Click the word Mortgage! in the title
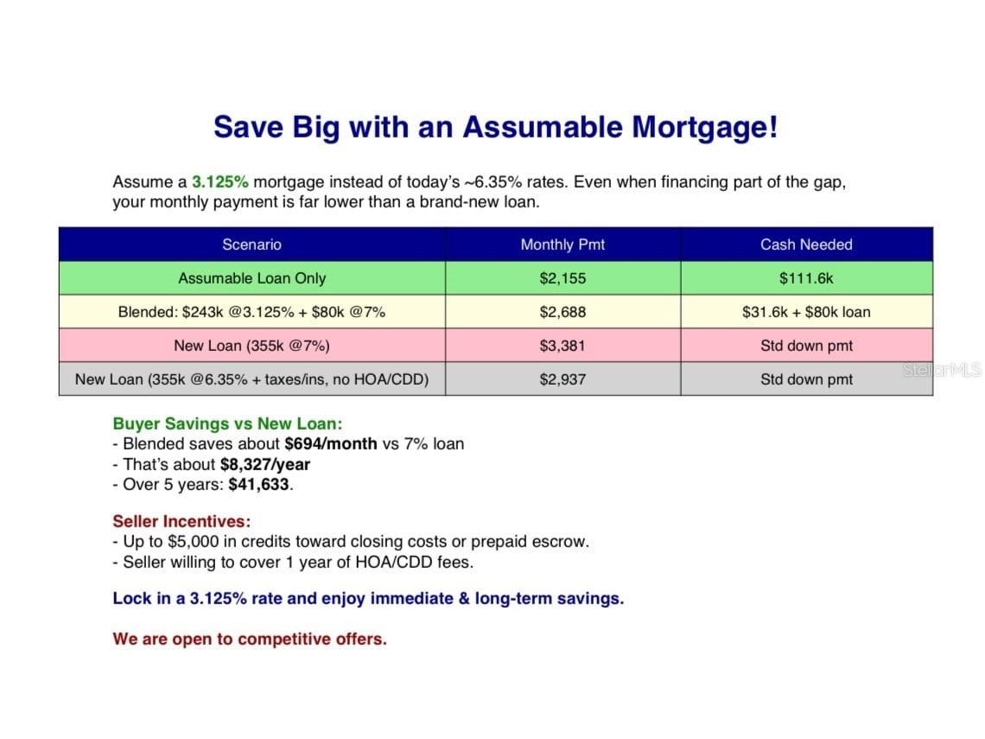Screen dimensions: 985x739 click(705, 128)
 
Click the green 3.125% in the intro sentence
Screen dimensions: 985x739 click(219, 182)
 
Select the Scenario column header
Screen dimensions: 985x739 click(252, 245)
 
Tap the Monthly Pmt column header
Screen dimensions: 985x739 click(562, 245)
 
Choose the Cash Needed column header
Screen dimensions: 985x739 click(807, 245)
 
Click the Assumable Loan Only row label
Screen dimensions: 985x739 click(252, 278)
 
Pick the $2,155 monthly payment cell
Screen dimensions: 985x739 click(562, 278)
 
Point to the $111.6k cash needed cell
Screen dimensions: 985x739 click(807, 278)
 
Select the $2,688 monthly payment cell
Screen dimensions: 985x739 click(562, 312)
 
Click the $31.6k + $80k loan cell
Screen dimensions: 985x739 click(807, 312)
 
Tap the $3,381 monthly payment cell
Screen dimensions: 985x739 click(562, 346)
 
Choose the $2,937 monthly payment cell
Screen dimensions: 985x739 click(562, 379)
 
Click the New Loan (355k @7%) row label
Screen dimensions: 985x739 click(252, 346)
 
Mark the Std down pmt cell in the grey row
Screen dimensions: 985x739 click(807, 379)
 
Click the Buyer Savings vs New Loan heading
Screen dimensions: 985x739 click(227, 424)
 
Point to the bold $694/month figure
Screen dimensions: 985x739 click(331, 444)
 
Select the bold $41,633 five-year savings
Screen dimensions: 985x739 click(259, 485)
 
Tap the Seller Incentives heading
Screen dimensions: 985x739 click(181, 521)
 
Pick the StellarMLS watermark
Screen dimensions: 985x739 click(943, 370)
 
